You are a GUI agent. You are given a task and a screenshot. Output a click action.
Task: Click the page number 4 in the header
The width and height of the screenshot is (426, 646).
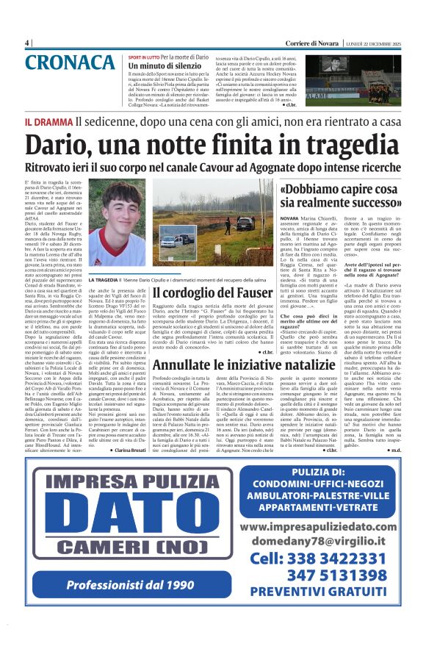click(27, 43)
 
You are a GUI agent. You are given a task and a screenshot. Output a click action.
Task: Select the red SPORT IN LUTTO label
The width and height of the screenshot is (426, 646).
click(143, 57)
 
